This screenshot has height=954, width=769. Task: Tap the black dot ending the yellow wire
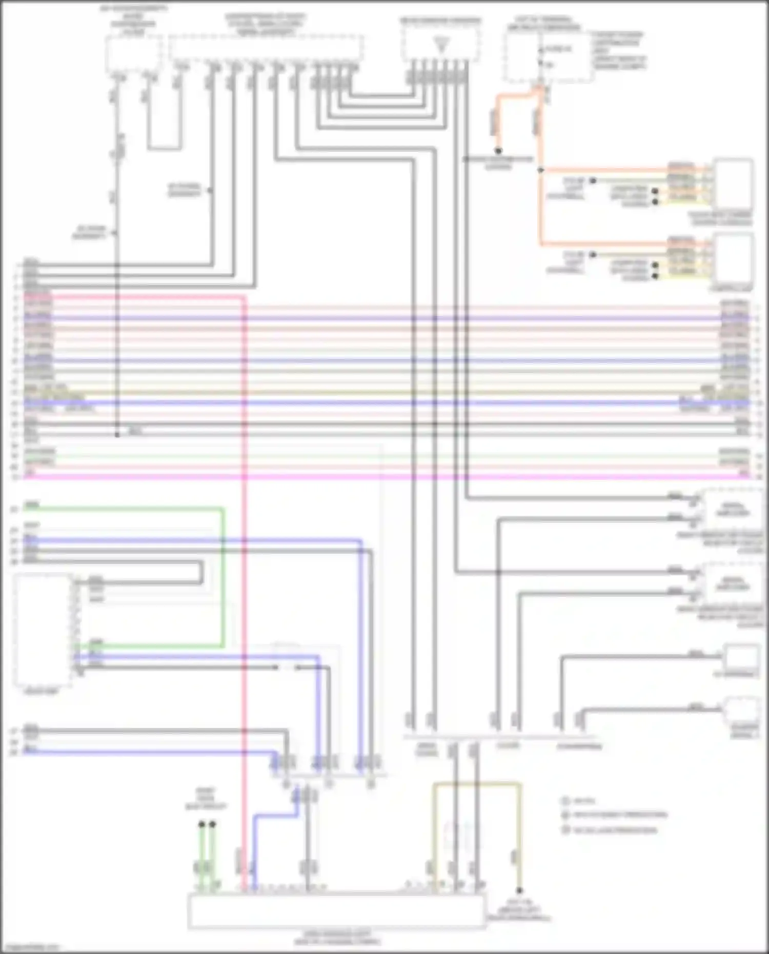519,890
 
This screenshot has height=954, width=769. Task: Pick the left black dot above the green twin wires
201,824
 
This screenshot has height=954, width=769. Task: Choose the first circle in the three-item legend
566,801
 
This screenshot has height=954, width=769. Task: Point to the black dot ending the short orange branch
497,151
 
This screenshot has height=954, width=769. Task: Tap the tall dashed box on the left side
42,631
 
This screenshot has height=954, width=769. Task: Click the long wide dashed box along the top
266,49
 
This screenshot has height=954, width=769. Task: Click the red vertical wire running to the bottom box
244,564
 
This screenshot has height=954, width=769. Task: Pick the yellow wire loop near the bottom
477,784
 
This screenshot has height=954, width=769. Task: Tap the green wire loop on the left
223,574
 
